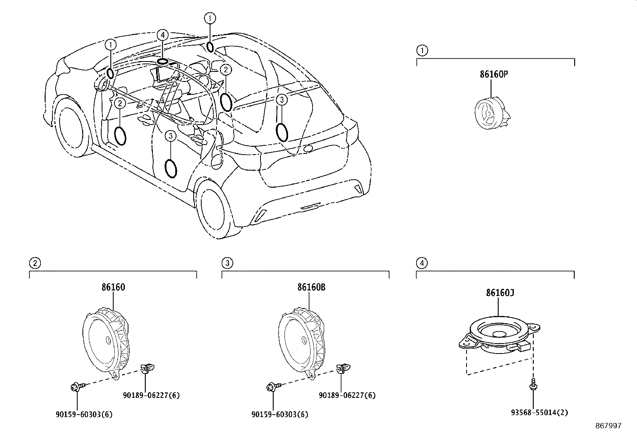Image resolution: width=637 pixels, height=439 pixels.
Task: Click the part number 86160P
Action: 491,74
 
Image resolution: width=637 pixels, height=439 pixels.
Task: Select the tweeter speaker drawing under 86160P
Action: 490,113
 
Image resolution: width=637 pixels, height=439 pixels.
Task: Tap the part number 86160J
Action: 500,292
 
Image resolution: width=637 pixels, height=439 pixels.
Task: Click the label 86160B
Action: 311,287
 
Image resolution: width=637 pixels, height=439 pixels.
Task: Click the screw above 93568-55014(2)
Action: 533,384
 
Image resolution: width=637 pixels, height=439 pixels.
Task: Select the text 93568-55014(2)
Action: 534,413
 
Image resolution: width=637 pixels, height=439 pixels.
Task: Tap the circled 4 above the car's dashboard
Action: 162,35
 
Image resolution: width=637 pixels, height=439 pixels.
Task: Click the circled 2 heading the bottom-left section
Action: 35,263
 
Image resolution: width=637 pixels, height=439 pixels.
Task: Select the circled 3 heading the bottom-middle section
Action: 227,263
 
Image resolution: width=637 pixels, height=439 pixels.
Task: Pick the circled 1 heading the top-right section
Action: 422,50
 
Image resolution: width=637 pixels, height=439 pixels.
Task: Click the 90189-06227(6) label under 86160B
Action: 347,395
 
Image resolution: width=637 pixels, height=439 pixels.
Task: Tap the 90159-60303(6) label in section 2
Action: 84,414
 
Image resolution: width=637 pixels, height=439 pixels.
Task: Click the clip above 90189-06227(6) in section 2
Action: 147,368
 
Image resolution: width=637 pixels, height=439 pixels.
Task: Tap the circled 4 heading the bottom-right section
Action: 422,263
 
